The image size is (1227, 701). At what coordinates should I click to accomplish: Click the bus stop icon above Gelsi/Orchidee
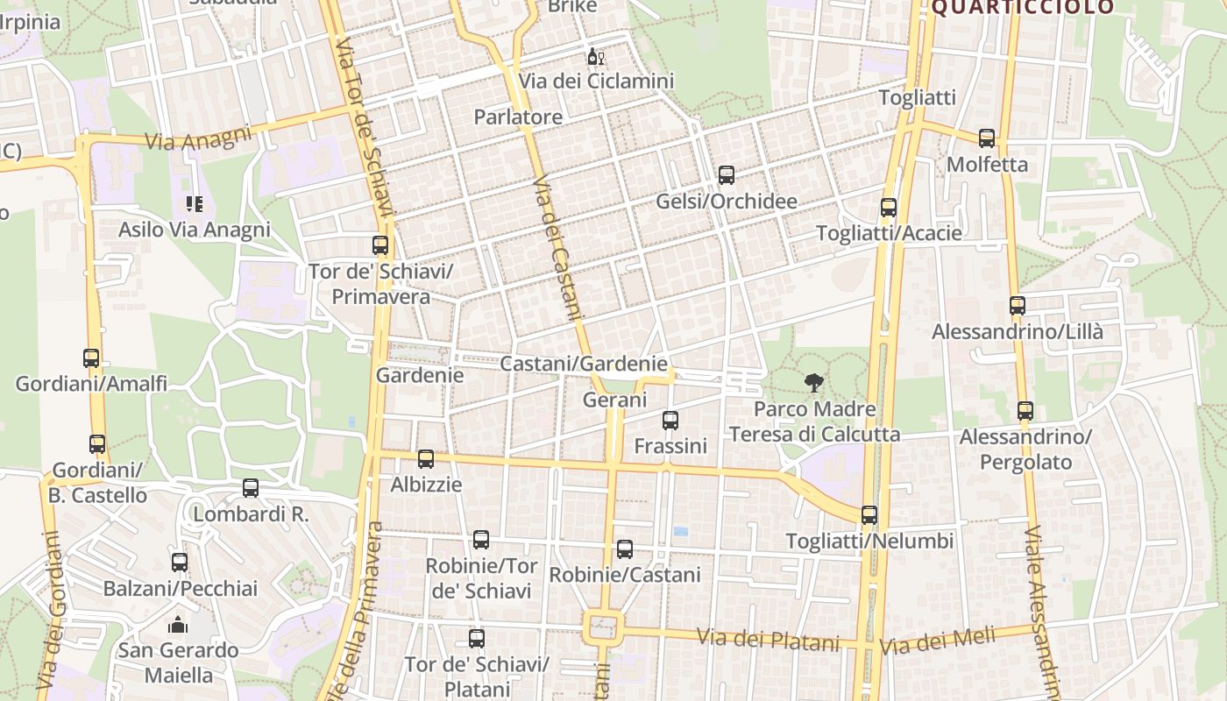(x=727, y=175)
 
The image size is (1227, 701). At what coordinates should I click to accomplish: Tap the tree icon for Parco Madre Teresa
(x=814, y=382)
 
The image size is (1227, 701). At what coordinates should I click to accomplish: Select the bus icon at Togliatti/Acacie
(x=889, y=208)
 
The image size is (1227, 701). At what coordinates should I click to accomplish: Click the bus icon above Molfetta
(x=987, y=138)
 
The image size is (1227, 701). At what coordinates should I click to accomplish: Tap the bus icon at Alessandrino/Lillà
(x=1018, y=306)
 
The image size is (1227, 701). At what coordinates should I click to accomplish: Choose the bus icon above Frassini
(x=670, y=421)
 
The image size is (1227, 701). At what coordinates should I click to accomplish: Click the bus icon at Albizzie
(x=426, y=458)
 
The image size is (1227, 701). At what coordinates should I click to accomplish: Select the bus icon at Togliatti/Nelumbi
(x=869, y=515)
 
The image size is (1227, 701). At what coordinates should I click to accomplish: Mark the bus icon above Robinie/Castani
(x=625, y=549)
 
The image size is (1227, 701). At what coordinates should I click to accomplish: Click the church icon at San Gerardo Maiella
(x=179, y=625)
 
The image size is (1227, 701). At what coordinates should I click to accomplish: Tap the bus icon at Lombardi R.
(x=251, y=488)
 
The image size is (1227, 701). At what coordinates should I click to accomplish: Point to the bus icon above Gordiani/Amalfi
(x=91, y=358)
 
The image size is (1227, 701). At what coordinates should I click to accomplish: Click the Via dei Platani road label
(x=768, y=641)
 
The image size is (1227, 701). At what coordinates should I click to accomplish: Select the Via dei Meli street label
(x=939, y=640)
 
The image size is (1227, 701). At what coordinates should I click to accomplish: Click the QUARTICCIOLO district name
(x=1022, y=8)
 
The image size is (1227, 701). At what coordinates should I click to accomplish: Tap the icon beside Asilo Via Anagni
(x=195, y=204)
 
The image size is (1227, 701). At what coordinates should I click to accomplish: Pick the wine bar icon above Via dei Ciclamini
(x=596, y=57)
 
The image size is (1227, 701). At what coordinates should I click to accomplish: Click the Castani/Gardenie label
(x=584, y=364)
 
